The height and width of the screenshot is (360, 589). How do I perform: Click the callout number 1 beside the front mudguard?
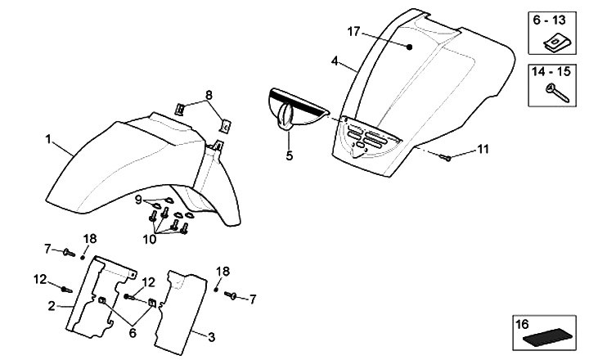48,141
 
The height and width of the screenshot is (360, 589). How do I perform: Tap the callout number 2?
51,306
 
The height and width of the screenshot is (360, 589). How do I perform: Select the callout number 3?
212,335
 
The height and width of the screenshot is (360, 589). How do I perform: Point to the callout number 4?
335,61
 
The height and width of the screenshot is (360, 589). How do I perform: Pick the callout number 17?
353,31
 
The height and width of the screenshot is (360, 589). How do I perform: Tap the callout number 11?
483,149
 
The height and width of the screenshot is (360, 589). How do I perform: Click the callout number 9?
139,200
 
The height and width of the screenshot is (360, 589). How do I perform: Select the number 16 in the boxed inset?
522,325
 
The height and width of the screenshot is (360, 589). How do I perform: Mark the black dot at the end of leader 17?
411,47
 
